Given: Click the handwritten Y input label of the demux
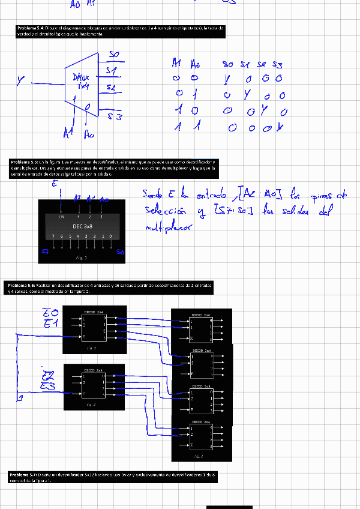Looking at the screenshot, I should tap(21, 78).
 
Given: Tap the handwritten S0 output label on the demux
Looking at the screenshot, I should tap(113, 55).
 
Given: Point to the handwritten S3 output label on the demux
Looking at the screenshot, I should tap(115, 117).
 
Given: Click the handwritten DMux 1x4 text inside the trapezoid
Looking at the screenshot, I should tap(80, 82).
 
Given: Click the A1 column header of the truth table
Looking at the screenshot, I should tap(176, 63).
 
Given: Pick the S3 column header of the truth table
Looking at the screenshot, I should tap(277, 64).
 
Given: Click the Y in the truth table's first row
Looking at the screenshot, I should tap(227, 79).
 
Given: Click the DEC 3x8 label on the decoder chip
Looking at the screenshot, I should tap(82, 227).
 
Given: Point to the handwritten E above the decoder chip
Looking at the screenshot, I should tap(54, 184).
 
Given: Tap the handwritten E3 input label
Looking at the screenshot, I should tap(48, 385).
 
